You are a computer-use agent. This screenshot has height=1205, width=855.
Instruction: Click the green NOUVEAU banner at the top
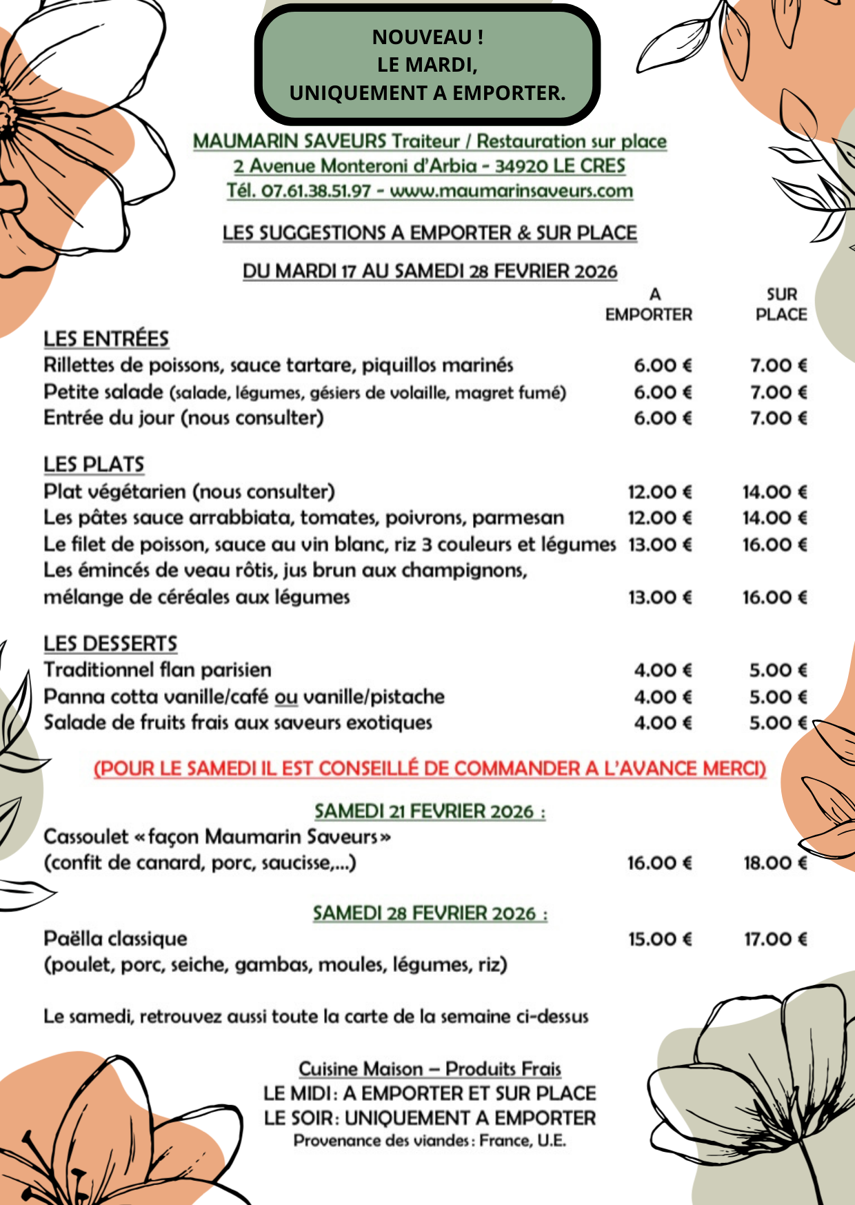click(427, 65)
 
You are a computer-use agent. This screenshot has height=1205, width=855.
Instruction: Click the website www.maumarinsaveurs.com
click(511, 191)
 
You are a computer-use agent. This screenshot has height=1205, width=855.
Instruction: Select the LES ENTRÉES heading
click(106, 338)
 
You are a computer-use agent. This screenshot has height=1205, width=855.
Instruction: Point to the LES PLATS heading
click(94, 465)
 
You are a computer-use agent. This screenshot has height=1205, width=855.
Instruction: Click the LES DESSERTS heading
click(110, 644)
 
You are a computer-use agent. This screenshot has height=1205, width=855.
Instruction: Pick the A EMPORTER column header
click(649, 305)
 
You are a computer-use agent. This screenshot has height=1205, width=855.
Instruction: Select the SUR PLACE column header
click(781, 305)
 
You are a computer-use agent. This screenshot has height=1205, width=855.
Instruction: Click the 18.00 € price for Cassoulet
click(775, 863)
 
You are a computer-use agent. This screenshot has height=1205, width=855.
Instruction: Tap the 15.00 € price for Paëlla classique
click(660, 939)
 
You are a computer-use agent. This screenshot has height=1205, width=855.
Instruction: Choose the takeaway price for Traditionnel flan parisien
click(663, 670)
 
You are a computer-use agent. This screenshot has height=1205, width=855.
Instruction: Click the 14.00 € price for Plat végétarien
click(774, 492)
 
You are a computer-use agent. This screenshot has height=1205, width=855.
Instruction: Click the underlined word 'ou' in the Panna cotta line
click(286, 697)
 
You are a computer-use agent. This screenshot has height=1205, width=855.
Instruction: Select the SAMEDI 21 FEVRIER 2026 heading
click(430, 811)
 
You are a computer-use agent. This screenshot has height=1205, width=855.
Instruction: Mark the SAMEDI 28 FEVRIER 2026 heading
click(430, 913)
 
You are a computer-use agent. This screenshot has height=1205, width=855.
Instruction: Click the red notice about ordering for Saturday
click(430, 769)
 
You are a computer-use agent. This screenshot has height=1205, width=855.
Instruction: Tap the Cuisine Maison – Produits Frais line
click(430, 1069)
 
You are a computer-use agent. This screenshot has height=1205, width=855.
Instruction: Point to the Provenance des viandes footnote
click(430, 1141)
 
